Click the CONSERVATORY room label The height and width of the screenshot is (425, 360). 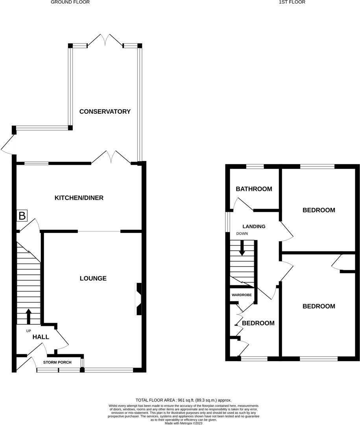coord(105,111)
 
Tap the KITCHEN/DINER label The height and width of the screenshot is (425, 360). coord(79,198)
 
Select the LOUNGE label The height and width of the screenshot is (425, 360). coord(93,278)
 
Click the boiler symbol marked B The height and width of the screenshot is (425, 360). coord(22,216)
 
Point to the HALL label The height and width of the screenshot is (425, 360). coord(41,337)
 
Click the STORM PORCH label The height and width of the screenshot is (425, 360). coord(57,362)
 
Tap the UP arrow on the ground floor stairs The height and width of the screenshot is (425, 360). coord(28,316)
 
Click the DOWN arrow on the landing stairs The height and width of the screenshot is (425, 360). coord(242,248)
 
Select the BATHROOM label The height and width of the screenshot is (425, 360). coord(254,189)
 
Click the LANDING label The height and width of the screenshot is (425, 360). coord(254,226)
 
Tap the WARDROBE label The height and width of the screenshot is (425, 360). coord(242,295)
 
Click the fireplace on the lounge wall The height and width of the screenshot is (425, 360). coord(138,299)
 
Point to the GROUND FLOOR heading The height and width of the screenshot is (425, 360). coord(70,2)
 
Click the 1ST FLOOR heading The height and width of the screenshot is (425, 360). coord(292,2)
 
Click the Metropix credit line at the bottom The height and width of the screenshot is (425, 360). coord(183,423)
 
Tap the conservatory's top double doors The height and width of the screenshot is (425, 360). coord(105,41)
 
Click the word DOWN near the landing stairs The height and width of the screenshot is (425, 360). coord(242,234)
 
